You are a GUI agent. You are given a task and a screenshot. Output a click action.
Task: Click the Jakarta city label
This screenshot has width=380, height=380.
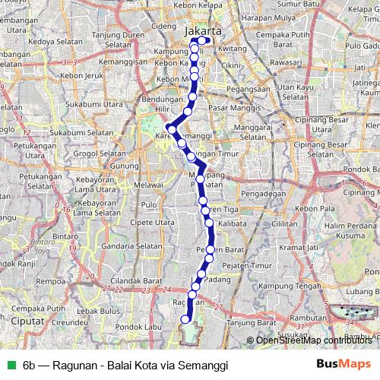coord(203,31)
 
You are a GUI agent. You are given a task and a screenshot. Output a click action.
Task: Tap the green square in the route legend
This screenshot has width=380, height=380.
coord(9,364)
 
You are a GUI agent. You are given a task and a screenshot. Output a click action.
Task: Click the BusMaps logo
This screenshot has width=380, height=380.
coord(341,363)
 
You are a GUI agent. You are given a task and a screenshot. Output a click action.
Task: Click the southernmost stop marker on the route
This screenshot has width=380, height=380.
coord(184,319)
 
